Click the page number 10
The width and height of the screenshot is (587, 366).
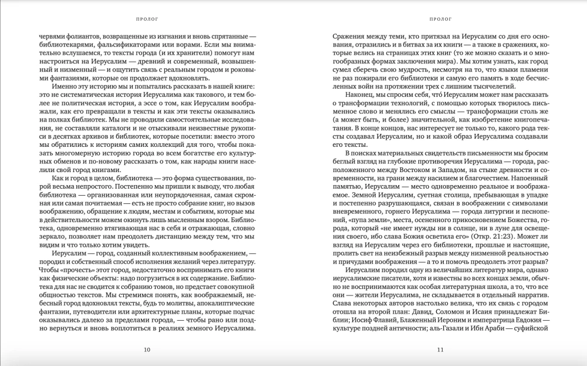[x=147, y=351]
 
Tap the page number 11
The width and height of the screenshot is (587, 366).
[x=440, y=351]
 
